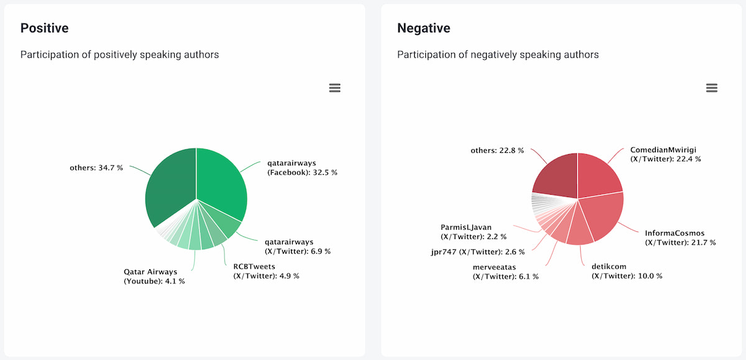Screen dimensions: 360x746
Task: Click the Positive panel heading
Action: coord(44,28)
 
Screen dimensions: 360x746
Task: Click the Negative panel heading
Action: coord(423,28)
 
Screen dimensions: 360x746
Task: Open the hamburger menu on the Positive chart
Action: coord(334,88)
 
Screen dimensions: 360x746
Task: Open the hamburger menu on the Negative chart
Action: coord(712,88)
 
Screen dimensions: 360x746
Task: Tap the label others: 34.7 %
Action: coord(96,168)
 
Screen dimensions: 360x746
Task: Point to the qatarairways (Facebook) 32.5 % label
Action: coord(302,168)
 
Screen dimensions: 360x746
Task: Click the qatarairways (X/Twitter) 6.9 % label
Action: coord(297,246)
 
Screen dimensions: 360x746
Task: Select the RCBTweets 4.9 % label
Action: coord(266,271)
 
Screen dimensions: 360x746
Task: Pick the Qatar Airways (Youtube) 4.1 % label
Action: coord(154,276)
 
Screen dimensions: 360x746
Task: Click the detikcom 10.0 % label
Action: coord(627,271)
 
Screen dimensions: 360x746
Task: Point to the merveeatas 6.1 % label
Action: coord(505,272)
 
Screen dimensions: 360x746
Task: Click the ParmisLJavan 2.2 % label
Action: coord(474,232)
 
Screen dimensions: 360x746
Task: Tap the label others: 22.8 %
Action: coord(497,150)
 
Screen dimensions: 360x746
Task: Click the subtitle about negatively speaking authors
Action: coord(498,55)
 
